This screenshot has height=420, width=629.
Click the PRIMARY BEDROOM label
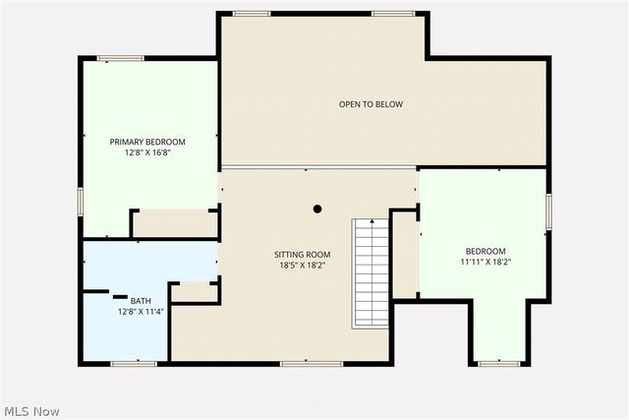pyautogui.click(x=147, y=142)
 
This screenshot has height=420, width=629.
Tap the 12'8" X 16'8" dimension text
pyautogui.click(x=147, y=152)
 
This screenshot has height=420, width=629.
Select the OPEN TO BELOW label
pyautogui.click(x=371, y=104)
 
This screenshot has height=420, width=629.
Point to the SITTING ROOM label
pyautogui.click(x=302, y=255)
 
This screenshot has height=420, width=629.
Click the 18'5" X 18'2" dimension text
pyautogui.click(x=302, y=266)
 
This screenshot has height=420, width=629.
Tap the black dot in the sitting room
pyautogui.click(x=317, y=209)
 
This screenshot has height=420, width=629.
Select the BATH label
pyautogui.click(x=142, y=301)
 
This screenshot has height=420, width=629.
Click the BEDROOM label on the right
pyautogui.click(x=486, y=251)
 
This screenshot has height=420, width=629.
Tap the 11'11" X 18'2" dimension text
pyautogui.click(x=486, y=263)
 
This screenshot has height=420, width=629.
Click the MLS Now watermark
pyautogui.click(x=31, y=410)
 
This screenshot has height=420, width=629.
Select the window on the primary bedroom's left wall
pyautogui.click(x=81, y=200)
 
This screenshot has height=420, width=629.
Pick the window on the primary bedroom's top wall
pyautogui.click(x=121, y=59)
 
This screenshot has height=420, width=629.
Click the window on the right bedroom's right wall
pyautogui.click(x=548, y=208)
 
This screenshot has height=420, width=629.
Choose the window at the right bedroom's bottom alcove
pyautogui.click(x=498, y=364)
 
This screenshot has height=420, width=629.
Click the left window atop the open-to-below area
pyautogui.click(x=252, y=13)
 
